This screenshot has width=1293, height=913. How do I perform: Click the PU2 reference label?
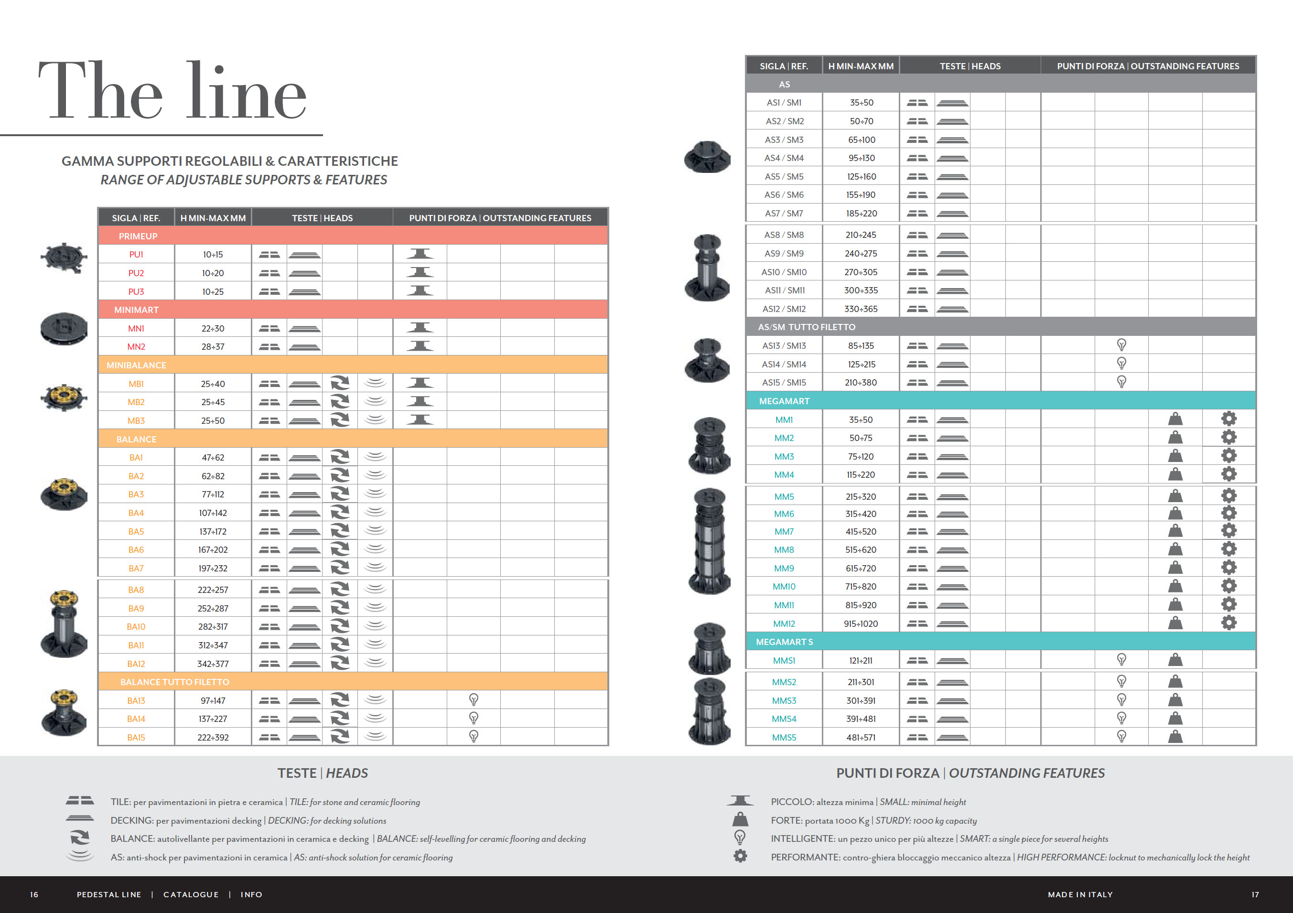click(x=136, y=273)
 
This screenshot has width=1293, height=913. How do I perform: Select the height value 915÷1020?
click(x=861, y=623)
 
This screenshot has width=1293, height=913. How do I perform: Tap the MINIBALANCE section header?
click(x=136, y=365)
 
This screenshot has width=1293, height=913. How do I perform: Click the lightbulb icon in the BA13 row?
click(x=474, y=699)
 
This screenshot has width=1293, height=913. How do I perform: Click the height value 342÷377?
click(x=213, y=664)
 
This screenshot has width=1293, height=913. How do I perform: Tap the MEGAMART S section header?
click(x=784, y=642)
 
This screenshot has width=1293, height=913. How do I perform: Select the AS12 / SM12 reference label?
click(x=784, y=309)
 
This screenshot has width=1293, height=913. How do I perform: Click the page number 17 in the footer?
click(x=1255, y=894)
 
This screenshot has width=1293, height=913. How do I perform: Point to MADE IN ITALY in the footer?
click(x=1079, y=894)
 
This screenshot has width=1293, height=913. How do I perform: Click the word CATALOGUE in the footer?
click(x=191, y=894)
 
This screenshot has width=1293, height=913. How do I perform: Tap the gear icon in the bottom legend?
click(x=740, y=856)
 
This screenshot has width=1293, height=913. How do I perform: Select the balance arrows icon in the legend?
click(x=79, y=838)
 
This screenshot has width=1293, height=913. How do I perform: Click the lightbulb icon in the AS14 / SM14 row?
click(x=1121, y=363)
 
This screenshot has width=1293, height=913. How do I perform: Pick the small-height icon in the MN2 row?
click(x=420, y=346)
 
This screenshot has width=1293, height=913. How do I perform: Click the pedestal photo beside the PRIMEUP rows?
click(x=64, y=258)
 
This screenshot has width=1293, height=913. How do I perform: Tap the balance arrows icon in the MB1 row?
click(x=340, y=383)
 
